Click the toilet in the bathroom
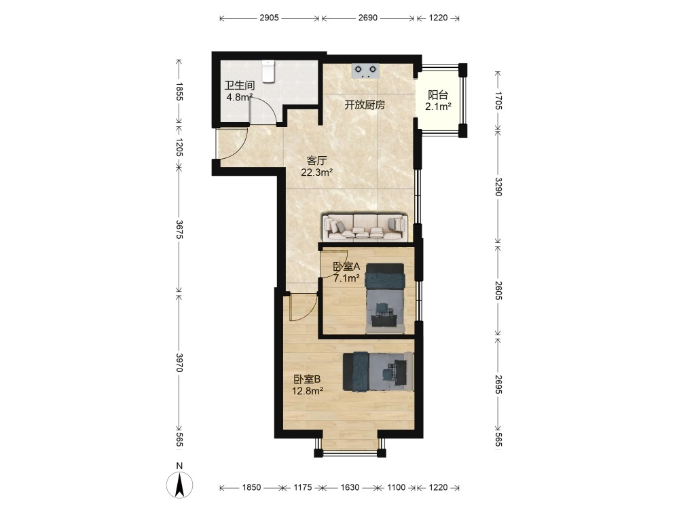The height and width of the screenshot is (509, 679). coord(269,71)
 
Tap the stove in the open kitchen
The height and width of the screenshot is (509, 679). coord(366,71)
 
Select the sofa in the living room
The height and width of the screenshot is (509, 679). coord(365,227)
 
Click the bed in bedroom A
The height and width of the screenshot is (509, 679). coord(385,299)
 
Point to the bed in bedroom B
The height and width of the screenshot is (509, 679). coord(378,371)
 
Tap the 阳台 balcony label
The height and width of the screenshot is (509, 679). coord(438,95)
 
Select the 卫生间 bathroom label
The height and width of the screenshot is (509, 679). coord(240,86)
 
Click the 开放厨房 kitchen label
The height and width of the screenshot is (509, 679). coord(365,105)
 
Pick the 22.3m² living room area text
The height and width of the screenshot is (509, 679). coord(317,172)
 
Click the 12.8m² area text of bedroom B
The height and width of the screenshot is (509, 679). coord(308,392)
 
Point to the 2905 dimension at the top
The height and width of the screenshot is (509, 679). coord(269,18)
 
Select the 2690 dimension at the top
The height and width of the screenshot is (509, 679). coord(367,18)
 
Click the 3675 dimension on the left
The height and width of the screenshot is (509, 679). coord(179,229)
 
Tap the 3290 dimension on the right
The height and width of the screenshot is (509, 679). coord(498,187)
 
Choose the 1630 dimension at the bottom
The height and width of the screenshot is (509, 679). coord(350,487)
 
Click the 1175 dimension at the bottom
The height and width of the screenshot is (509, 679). coord(303,487)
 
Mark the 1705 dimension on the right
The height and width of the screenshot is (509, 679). coord(498,100)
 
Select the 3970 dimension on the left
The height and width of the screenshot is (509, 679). coord(179,362)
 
